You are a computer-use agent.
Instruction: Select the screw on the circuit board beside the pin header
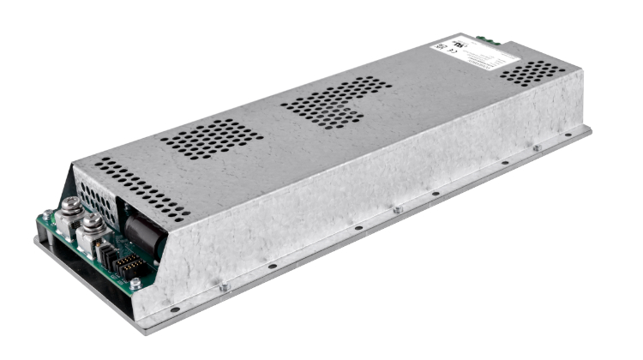135,283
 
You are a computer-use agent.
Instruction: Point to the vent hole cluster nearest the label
532,74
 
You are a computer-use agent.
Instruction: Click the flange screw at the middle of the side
397,209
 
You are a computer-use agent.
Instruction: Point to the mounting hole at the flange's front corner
175,309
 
